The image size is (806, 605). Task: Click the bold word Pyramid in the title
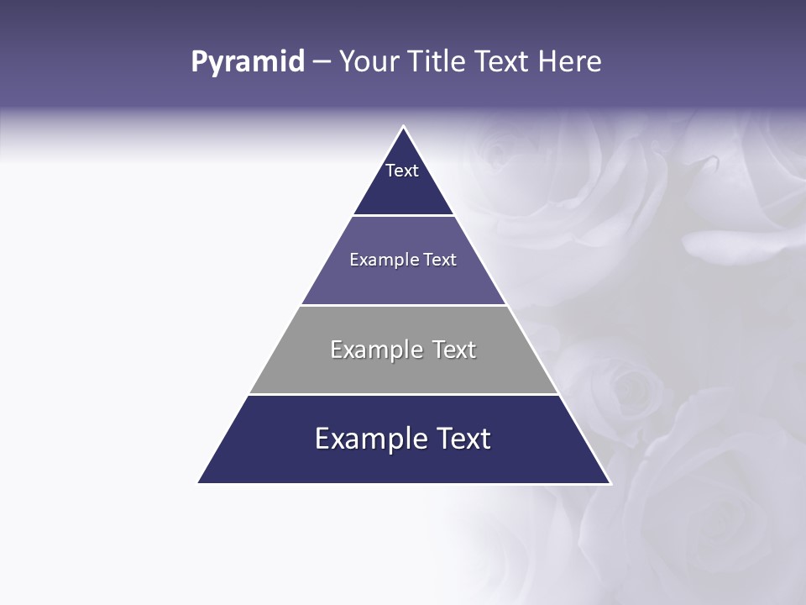pyautogui.click(x=248, y=62)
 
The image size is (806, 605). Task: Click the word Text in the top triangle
pyautogui.click(x=402, y=171)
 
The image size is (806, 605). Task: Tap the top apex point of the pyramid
pyautogui.click(x=404, y=127)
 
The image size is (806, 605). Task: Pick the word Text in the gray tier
pyautogui.click(x=454, y=350)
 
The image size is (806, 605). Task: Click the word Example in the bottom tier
pyautogui.click(x=366, y=439)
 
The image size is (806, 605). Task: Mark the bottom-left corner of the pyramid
pyautogui.click(x=199, y=482)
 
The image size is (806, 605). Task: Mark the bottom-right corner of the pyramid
pyautogui.click(x=610, y=482)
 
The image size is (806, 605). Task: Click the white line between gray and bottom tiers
pyautogui.click(x=403, y=394)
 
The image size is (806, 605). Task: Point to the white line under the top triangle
pyautogui.click(x=403, y=215)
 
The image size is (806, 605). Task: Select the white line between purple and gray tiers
pyautogui.click(x=403, y=305)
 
